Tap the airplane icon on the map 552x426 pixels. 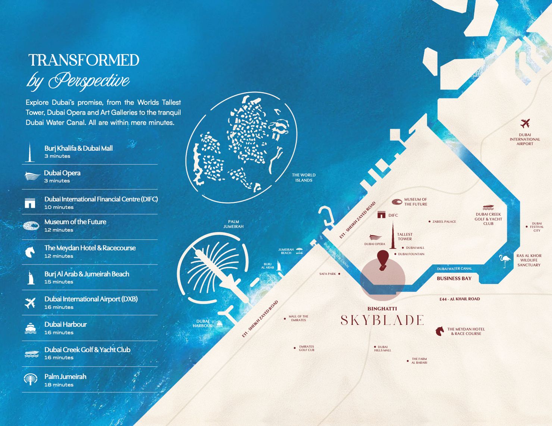(x=525, y=123)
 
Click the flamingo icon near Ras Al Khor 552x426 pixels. (x=504, y=261)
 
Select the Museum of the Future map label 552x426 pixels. (x=415, y=202)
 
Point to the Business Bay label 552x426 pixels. (x=454, y=278)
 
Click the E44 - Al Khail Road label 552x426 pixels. (x=460, y=299)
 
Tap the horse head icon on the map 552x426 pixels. (x=440, y=331)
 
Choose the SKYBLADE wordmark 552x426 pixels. (x=382, y=320)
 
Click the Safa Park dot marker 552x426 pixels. (x=339, y=274)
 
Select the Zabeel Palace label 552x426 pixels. (x=444, y=222)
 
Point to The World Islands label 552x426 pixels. (x=304, y=178)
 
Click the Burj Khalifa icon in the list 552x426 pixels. (x=29, y=152)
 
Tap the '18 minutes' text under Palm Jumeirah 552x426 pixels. (x=59, y=385)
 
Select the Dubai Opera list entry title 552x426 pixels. (x=62, y=173)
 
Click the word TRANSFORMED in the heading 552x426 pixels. (x=84, y=60)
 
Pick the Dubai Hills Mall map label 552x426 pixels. (x=382, y=349)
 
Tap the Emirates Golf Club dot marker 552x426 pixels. (x=295, y=348)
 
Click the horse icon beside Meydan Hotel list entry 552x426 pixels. (x=29, y=252)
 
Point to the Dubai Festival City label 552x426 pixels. (x=537, y=227)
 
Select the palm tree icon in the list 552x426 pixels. (x=30, y=379)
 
